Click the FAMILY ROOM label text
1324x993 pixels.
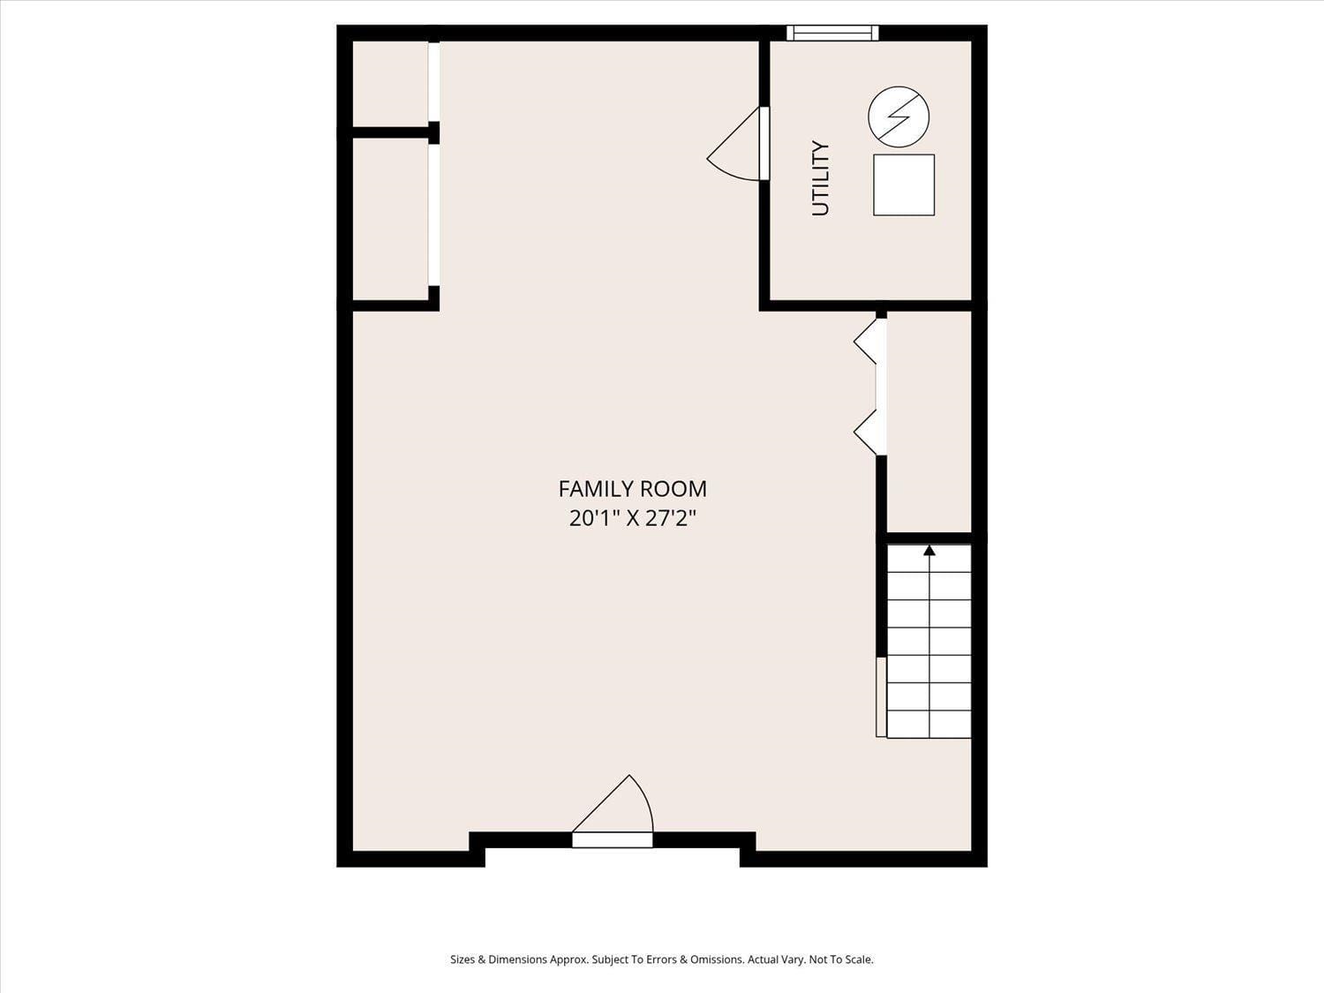(x=632, y=488)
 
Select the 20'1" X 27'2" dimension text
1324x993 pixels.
(x=632, y=518)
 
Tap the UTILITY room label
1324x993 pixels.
(x=821, y=177)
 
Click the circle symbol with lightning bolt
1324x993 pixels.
(x=899, y=117)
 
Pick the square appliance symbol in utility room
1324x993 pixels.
(x=903, y=184)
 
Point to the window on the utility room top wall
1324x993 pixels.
(x=832, y=34)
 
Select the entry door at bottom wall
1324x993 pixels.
(x=613, y=839)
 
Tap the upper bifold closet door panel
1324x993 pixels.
(x=867, y=342)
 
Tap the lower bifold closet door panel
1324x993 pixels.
(x=867, y=432)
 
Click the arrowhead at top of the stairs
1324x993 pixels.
(x=929, y=551)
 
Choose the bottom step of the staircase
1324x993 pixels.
(x=929, y=724)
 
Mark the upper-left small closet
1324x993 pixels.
(x=390, y=83)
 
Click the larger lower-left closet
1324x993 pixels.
(x=390, y=219)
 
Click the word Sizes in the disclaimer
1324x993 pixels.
(x=463, y=959)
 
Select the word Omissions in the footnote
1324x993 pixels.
(x=716, y=959)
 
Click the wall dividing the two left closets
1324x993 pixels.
(x=388, y=133)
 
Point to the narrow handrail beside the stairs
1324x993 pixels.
(x=881, y=696)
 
